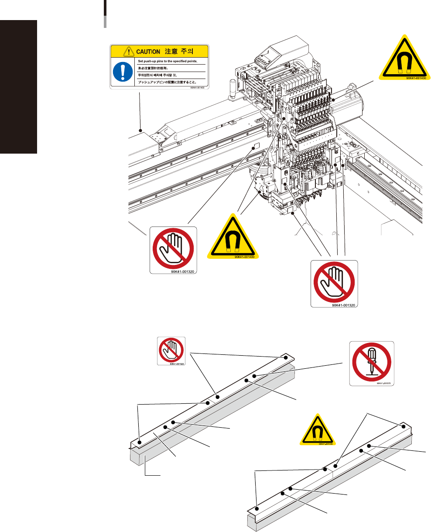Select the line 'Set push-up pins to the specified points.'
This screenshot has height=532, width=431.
[167, 62]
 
